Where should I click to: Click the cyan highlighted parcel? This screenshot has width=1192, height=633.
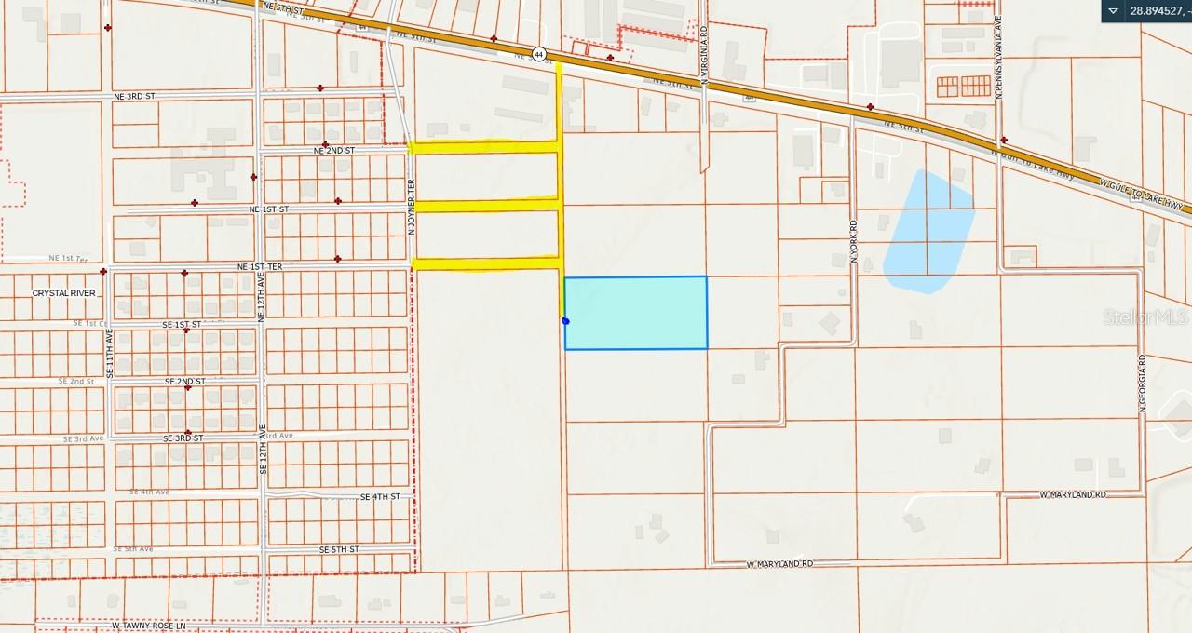click(635, 313)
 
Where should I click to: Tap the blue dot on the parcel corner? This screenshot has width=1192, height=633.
click(565, 321)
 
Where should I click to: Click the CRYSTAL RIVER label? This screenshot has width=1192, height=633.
click(64, 292)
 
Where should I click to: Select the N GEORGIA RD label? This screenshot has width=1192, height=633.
click(1141, 383)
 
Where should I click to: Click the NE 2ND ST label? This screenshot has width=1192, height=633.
click(334, 150)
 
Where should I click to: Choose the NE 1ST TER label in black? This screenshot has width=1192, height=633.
click(260, 267)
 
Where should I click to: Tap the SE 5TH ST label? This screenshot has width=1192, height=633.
click(338, 549)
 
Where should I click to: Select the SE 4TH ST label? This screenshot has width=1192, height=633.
click(380, 497)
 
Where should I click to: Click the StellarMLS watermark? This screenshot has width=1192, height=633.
click(1145, 317)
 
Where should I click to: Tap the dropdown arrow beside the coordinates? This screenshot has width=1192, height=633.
click(1114, 10)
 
